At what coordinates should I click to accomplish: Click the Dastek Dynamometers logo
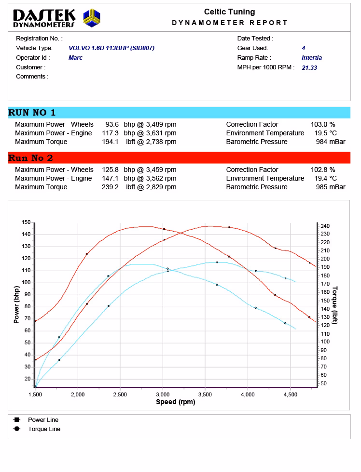pyautogui.click(x=57, y=18)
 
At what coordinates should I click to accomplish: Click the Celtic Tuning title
pyautogui.click(x=229, y=12)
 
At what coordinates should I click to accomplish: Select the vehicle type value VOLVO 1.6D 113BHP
pyautogui.click(x=111, y=48)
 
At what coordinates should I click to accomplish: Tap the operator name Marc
pyautogui.click(x=75, y=58)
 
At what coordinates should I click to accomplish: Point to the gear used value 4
pyautogui.click(x=304, y=48)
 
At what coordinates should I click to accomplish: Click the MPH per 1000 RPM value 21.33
pyautogui.click(x=309, y=68)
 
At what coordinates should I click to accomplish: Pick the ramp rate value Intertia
pyautogui.click(x=312, y=58)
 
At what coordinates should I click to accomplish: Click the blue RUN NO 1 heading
pyautogui.click(x=32, y=113)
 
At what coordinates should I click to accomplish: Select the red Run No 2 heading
pyautogui.click(x=30, y=158)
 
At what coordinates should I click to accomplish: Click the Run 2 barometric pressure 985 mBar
pyautogui.click(x=331, y=187)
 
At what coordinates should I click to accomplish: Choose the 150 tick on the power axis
pyautogui.click(x=26, y=223)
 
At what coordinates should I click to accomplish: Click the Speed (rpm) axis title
pyautogui.click(x=176, y=402)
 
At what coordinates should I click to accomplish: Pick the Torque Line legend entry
pyautogui.click(x=44, y=429)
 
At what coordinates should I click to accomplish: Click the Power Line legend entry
pyautogui.click(x=43, y=420)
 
